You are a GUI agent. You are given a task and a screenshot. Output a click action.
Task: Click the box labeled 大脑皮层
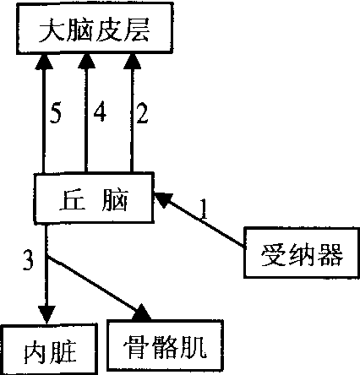[95, 28]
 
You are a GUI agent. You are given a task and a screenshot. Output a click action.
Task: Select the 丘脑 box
[94, 198]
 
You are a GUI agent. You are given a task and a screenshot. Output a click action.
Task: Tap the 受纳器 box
[302, 253]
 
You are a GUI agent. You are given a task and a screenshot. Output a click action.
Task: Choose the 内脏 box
[49, 350]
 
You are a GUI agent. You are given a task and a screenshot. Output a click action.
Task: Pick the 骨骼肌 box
[165, 345]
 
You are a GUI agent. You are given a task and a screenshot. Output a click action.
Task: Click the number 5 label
[56, 114]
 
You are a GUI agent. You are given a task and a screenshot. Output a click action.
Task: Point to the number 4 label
[100, 111]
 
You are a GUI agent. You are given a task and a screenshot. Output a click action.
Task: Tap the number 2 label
[142, 113]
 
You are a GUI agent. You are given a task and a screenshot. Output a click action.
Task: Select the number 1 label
[204, 209]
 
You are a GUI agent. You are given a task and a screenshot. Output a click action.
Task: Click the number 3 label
[28, 260]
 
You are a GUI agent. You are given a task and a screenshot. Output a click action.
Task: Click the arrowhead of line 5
[43, 62]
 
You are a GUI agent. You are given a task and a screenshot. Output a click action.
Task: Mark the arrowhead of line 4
[86, 62]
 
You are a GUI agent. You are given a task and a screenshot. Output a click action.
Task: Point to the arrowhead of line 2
[132, 62]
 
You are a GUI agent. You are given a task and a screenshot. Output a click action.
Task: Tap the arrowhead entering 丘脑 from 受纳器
[163, 199]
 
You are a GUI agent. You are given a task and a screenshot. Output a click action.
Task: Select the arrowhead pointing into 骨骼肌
[143, 312]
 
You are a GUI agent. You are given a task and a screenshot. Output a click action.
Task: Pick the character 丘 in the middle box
[73, 200]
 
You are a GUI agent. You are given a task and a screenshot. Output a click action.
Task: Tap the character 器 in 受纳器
[330, 254]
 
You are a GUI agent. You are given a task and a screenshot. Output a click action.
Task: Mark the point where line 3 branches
[46, 258]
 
